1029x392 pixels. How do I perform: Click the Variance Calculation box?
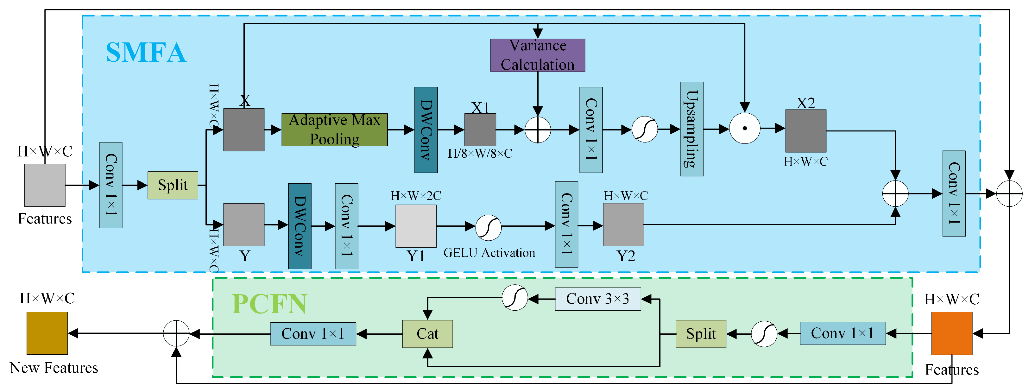pos(537,55)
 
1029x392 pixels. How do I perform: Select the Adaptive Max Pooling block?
pos(334,130)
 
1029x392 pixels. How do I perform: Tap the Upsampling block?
pos(691,129)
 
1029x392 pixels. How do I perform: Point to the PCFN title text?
pos(269,304)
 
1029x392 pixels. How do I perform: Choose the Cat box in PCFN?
pos(427,334)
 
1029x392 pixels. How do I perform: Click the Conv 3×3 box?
pos(597,299)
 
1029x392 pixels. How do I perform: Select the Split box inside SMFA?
pos(173,185)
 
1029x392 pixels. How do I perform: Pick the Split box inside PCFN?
pos(701,334)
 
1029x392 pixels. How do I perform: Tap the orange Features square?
pos(951,333)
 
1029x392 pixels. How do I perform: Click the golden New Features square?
pos(47,333)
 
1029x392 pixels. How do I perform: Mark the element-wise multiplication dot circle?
pos(745,128)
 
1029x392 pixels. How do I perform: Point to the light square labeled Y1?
pos(415,226)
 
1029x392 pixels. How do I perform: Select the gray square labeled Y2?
pos(623,224)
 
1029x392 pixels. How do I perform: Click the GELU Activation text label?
pos(489,253)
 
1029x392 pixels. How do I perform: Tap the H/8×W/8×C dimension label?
pos(480,154)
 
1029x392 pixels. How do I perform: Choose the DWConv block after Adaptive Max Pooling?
pos(426,130)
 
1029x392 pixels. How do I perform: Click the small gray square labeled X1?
pos(480,130)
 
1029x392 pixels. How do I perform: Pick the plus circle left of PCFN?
pos(176,333)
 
